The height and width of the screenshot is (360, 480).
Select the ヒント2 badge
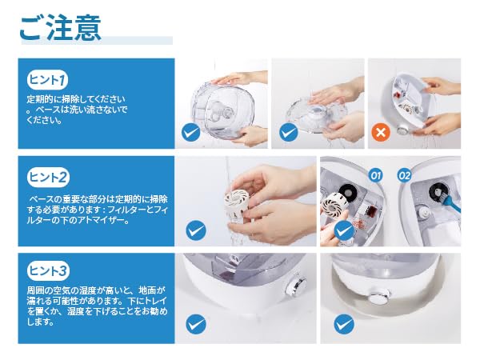pos(48,177)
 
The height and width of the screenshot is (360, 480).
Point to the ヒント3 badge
pos(48,270)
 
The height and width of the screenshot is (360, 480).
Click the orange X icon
pos(382,132)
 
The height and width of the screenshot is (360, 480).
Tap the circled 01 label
pos(374,173)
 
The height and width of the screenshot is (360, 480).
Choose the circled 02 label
pos(403,173)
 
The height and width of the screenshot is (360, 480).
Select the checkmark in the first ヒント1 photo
pos(191,132)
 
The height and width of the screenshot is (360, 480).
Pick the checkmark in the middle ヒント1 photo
pos(288,132)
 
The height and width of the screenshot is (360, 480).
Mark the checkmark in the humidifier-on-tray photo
pos(344,325)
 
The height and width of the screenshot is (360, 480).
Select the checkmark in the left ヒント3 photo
pos(196,325)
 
